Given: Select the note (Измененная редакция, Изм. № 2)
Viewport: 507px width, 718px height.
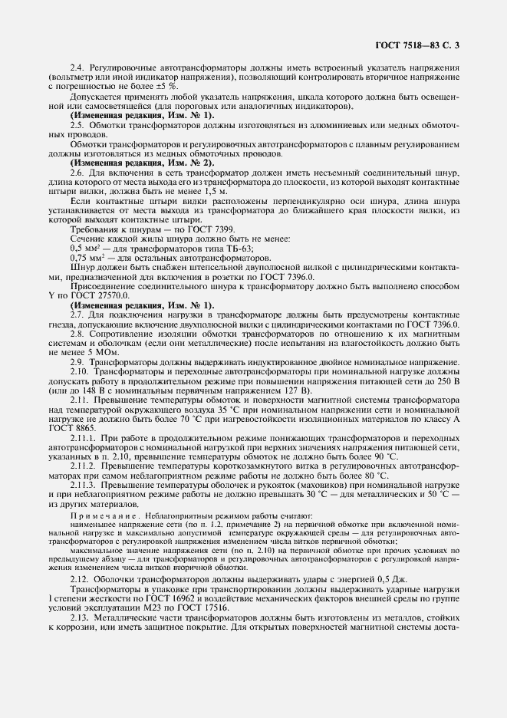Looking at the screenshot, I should click(x=142, y=163).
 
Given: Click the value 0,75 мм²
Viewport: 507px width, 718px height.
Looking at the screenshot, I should click(x=86, y=259).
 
